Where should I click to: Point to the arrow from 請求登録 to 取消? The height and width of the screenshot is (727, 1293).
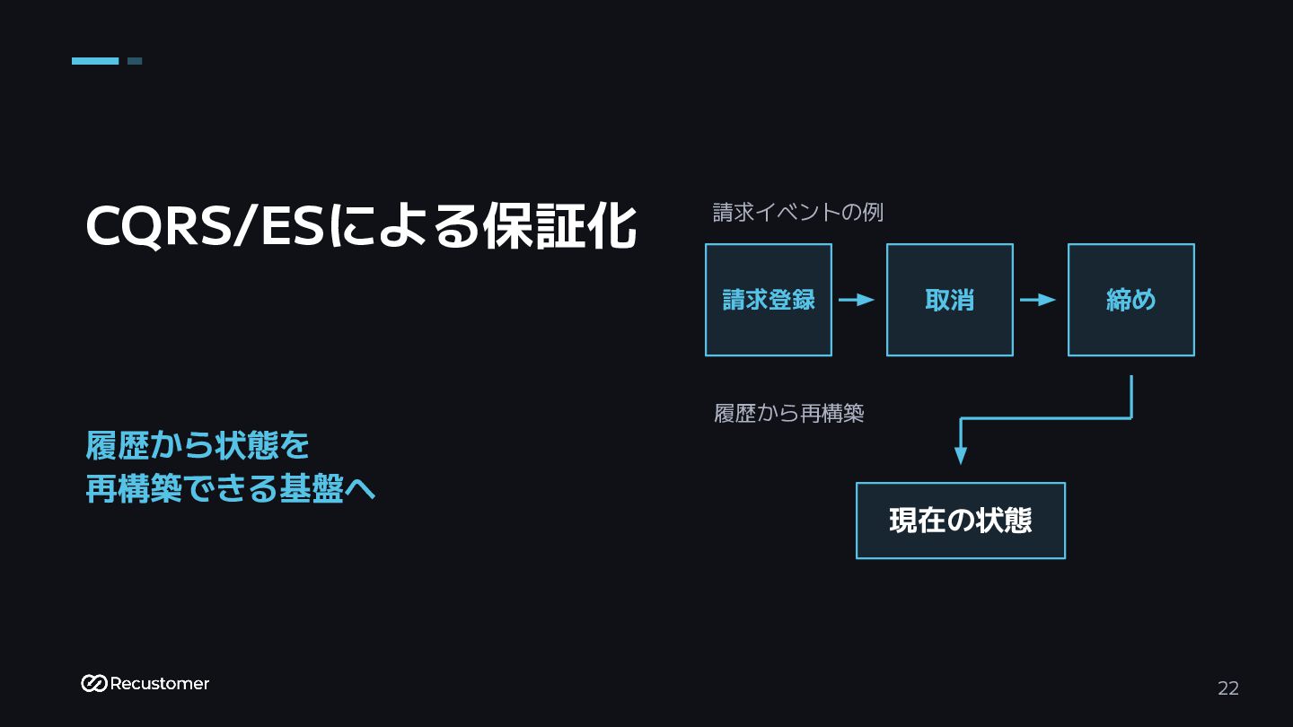[x=856, y=300]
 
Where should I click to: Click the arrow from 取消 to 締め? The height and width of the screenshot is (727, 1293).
[x=1037, y=300]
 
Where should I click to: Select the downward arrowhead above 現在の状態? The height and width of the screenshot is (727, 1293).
[x=961, y=456]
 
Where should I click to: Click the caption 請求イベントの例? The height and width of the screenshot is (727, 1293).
[x=797, y=213]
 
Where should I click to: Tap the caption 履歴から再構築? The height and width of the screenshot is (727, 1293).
[x=788, y=413]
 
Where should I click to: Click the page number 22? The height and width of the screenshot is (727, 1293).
[x=1228, y=688]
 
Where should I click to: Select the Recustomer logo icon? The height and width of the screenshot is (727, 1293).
[x=93, y=683]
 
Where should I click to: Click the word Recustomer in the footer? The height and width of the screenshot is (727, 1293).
[x=159, y=684]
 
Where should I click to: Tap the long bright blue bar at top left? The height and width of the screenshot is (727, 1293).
[x=95, y=61]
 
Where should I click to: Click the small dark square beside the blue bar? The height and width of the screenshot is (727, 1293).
[x=135, y=61]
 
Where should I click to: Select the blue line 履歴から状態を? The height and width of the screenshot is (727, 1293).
[x=198, y=445]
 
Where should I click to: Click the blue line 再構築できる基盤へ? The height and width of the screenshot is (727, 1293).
[x=230, y=488]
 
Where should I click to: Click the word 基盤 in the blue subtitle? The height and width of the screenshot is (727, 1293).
[x=312, y=488]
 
